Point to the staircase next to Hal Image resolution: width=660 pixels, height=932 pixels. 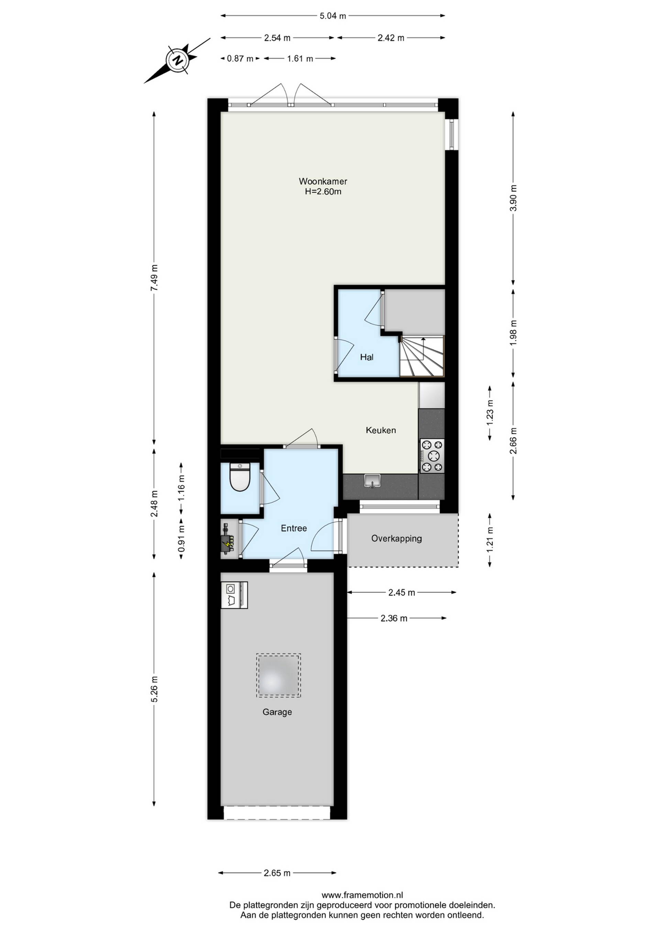422,356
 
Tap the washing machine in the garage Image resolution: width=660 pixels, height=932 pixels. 234,595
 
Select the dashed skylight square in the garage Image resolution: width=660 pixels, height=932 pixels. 278,675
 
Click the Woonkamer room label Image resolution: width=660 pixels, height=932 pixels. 323,181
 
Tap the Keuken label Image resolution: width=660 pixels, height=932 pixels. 381,430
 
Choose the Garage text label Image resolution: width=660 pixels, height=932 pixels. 277,712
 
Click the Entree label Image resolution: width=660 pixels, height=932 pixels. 294,528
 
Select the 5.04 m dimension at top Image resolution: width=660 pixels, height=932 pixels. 333,16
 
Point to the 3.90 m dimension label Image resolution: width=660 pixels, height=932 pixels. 513,198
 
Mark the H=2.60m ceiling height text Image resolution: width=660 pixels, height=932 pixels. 323,192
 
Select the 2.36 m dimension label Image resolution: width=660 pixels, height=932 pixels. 394,618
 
